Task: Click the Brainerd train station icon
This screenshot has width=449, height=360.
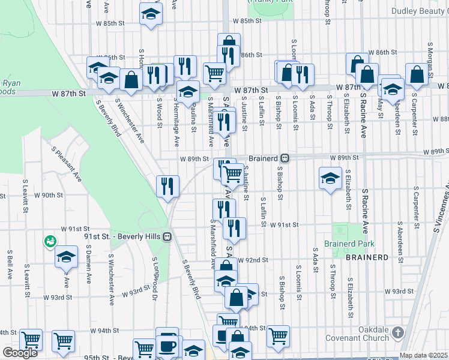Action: tap(286, 158)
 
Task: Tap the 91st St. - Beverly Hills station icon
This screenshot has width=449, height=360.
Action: tap(167, 236)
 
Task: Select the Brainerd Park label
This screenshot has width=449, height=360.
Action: tap(349, 244)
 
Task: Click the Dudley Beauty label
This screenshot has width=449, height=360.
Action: tap(419, 11)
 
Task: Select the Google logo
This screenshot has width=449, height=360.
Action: tap(20, 353)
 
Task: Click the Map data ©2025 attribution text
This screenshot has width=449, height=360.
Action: tap(424, 355)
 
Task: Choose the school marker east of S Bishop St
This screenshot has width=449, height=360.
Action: tap(330, 179)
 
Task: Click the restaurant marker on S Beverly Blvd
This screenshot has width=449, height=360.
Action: tap(167, 185)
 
